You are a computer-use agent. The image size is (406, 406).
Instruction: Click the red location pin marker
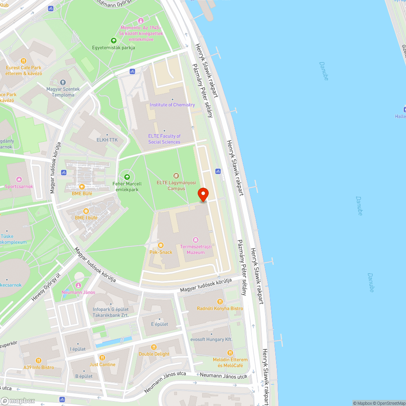click(x=203, y=194)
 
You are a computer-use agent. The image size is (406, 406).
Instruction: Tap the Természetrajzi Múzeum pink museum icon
click(x=196, y=240)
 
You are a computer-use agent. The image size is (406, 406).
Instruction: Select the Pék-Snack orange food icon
click(x=161, y=245)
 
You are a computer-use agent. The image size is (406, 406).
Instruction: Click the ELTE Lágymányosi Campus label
click(x=176, y=186)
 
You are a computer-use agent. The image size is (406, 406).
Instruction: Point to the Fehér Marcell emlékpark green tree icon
click(x=127, y=177)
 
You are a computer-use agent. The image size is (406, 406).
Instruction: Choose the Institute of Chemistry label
click(x=172, y=105)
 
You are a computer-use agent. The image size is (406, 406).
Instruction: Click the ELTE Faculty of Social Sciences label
click(x=164, y=139)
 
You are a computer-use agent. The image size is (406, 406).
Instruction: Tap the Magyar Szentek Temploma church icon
click(x=63, y=82)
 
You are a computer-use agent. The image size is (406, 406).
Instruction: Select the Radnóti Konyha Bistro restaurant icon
click(x=220, y=302)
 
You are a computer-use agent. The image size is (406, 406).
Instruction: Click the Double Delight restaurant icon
click(x=154, y=347)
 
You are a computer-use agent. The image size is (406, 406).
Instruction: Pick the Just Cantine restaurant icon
click(x=102, y=358)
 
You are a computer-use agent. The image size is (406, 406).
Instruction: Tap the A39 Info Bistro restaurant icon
click(x=39, y=361)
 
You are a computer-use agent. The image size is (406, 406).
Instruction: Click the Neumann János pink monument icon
click(x=78, y=285)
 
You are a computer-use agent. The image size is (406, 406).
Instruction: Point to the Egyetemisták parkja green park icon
click(x=113, y=41)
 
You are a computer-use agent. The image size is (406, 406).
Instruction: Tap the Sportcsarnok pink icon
click(x=19, y=179)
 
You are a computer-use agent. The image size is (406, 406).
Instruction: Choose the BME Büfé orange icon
click(x=82, y=187)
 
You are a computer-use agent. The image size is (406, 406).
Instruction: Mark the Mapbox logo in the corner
click(x=18, y=401)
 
